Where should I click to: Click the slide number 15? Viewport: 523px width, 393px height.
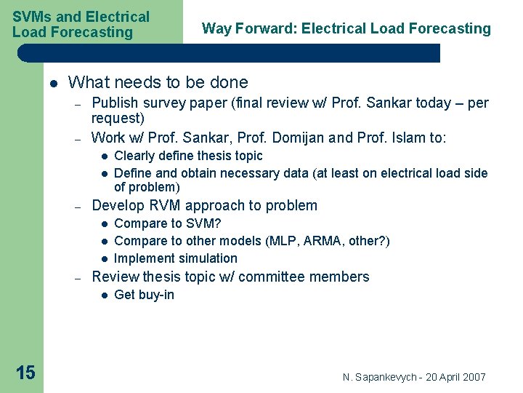pyautogui.click(x=25, y=373)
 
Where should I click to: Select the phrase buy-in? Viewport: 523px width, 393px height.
pyautogui.click(x=155, y=295)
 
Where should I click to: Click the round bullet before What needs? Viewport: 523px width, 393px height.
pyautogui.click(x=54, y=83)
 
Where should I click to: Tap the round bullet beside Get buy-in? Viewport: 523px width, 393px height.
pyautogui.click(x=104, y=295)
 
